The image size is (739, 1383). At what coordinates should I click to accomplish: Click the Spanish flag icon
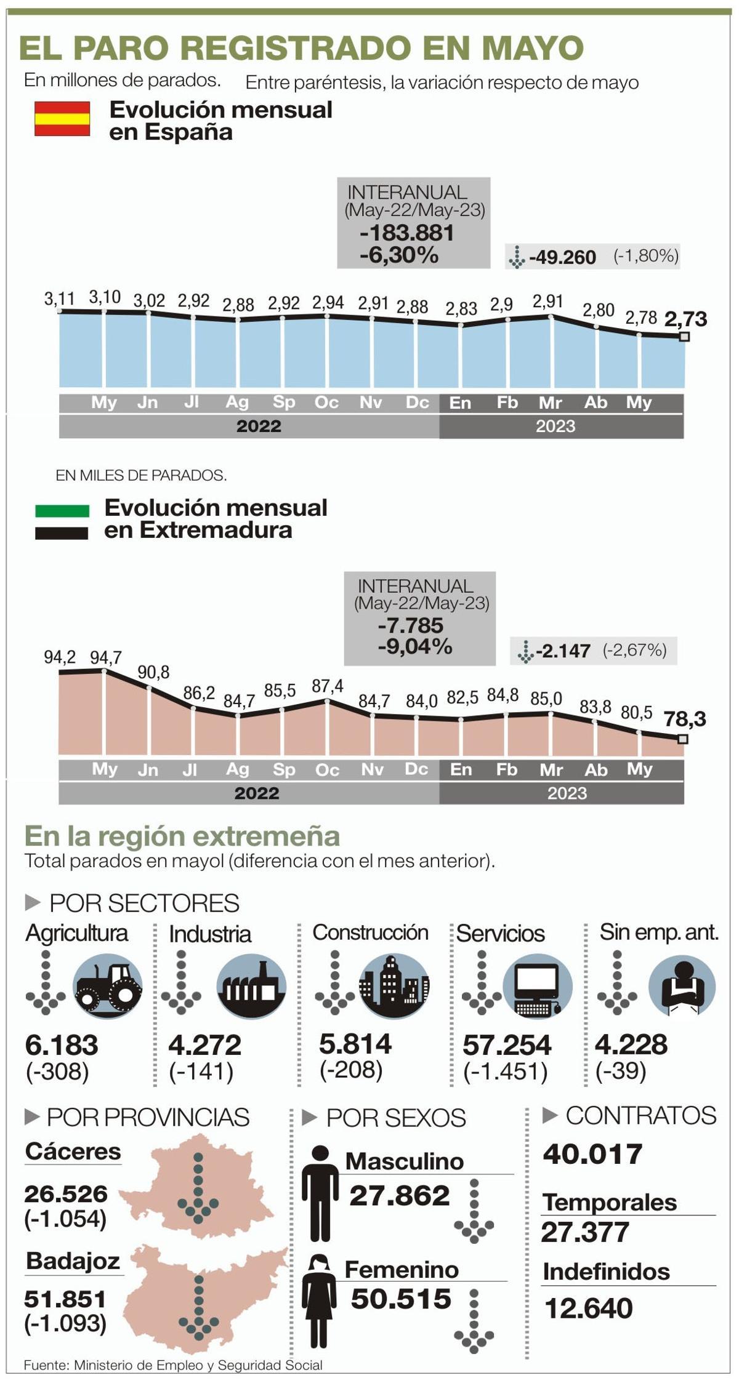pos(62,119)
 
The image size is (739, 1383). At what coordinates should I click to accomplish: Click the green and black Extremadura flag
pos(62,522)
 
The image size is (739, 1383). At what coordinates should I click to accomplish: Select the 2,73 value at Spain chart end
pos(685,319)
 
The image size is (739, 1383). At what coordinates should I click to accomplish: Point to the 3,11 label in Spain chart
pos(59,299)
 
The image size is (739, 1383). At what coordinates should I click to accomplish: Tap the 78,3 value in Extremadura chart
pos(684,718)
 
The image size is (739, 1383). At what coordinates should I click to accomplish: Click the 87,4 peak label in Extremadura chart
pos(328,686)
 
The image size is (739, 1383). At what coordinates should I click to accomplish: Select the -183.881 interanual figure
pos(407,233)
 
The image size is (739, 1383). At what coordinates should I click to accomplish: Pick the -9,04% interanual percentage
pos(414,646)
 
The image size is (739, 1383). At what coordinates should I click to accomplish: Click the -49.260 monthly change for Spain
pos(562,257)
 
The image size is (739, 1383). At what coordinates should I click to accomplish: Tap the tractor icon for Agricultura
pos(108,987)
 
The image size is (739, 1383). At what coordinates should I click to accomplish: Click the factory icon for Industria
pos(251,987)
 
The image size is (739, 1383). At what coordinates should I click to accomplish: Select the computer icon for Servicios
pos(537,987)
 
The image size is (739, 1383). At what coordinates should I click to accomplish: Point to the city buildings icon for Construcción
pos(394,987)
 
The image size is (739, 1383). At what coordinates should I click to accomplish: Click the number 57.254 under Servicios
pos(507,1045)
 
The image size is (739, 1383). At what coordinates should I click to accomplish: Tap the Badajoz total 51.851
pos(65,1299)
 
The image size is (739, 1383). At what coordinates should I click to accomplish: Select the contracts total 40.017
pos(592,1154)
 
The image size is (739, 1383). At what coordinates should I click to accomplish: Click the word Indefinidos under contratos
pos(606,1272)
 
